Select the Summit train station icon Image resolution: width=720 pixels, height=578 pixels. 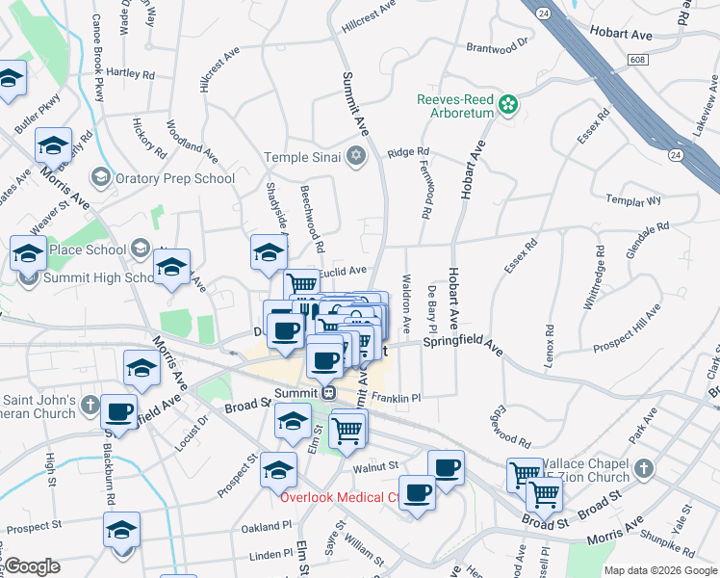pyautogui.click(x=328, y=393)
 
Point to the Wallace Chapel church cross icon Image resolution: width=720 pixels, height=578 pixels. pyautogui.click(x=644, y=469)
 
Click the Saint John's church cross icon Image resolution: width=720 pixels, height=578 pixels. pyautogui.click(x=90, y=404)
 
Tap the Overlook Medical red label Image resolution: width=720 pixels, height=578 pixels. pyautogui.click(x=338, y=497)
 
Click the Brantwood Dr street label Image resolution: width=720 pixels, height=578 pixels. pyautogui.click(x=498, y=45)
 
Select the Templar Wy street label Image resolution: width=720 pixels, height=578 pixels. pyautogui.click(x=633, y=200)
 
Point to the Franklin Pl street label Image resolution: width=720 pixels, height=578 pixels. pyautogui.click(x=398, y=397)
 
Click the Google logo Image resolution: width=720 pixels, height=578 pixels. pyautogui.click(x=31, y=565)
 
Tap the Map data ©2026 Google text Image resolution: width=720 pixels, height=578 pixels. pyautogui.click(x=659, y=570)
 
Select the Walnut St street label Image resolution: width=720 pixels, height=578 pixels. pyautogui.click(x=375, y=466)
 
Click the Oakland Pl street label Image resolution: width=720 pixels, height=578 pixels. pyautogui.click(x=267, y=527)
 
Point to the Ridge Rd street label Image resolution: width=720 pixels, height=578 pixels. pyautogui.click(x=408, y=152)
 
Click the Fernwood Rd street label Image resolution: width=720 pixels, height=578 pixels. pyautogui.click(x=425, y=188)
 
